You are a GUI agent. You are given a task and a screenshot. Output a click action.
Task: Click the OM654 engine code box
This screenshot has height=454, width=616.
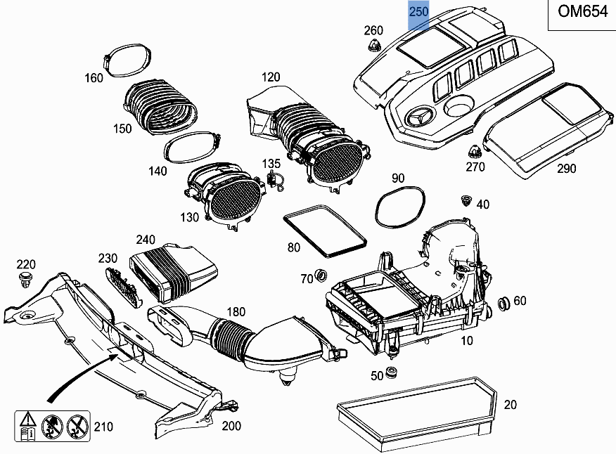click(582, 14)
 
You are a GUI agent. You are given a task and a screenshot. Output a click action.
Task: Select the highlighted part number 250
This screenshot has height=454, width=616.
click(419, 13)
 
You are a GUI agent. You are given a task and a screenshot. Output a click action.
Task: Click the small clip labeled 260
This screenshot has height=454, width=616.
click(373, 47)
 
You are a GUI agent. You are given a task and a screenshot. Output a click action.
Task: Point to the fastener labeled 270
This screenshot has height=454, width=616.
click(474, 150)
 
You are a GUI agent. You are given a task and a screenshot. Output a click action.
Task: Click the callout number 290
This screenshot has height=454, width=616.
click(566, 169)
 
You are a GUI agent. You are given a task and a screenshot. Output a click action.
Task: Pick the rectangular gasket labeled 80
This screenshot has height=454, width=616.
click(324, 230)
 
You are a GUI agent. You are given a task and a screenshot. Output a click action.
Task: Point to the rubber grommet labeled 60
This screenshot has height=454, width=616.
click(503, 304)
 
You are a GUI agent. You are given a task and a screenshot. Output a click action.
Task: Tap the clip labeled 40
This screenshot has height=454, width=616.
click(464, 201)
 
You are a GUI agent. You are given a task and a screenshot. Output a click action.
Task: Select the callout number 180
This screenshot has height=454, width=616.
click(236, 311)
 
